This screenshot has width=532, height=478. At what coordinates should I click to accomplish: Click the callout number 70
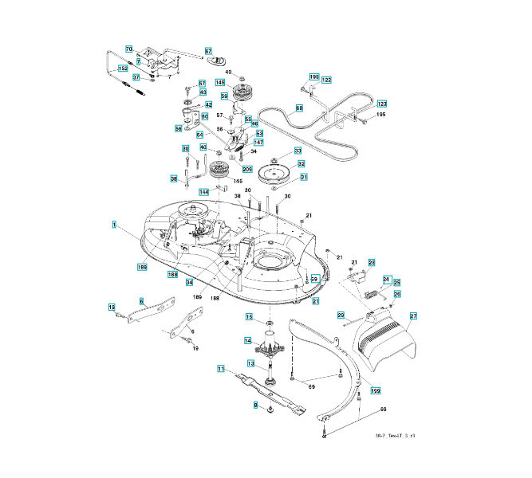click(x=128, y=50)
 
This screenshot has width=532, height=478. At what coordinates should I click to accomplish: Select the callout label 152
click(x=123, y=69)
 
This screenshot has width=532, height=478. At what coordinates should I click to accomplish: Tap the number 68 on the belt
click(x=299, y=108)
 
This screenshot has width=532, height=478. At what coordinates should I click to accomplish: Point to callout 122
click(x=326, y=80)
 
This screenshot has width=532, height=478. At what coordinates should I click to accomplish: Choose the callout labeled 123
click(x=381, y=104)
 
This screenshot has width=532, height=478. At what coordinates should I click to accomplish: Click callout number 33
click(x=298, y=151)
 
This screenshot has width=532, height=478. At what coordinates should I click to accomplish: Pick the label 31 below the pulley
click(x=303, y=177)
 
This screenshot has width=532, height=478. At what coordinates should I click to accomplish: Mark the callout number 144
click(x=205, y=192)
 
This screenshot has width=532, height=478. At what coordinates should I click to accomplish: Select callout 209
click(x=247, y=169)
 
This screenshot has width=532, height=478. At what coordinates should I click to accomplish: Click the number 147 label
click(x=258, y=143)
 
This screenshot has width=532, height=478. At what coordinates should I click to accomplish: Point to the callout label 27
click(x=413, y=316)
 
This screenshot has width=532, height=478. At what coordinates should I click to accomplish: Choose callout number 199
click(x=376, y=390)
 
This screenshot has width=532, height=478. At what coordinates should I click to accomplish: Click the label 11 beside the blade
click(x=222, y=368)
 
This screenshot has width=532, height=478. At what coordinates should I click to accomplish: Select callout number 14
click(x=248, y=341)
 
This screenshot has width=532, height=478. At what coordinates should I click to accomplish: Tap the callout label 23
click(x=371, y=263)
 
